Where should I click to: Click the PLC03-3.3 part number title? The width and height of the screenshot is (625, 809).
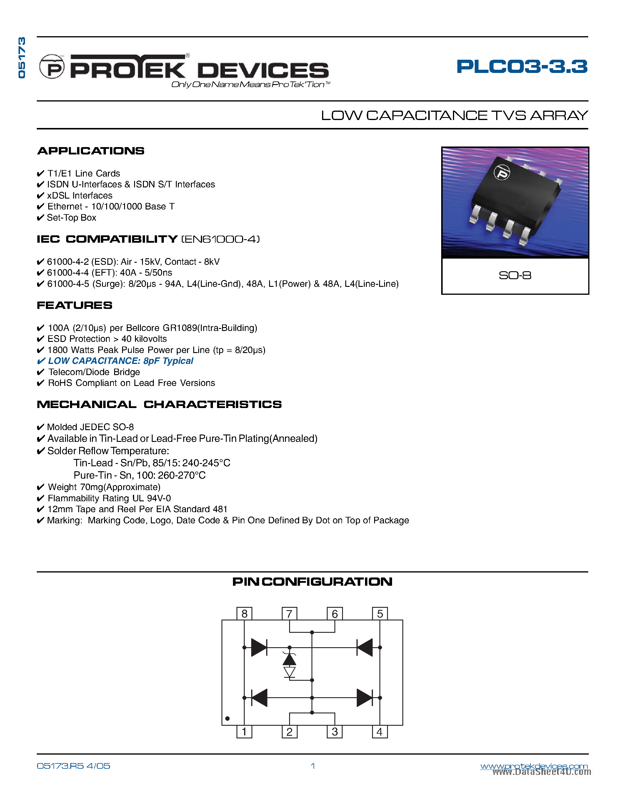pos(522,67)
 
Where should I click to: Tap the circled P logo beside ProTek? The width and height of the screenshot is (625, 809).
pos(52,67)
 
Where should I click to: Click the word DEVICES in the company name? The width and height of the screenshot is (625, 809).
pos(263,70)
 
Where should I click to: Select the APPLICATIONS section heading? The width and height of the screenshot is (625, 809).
pos(91,151)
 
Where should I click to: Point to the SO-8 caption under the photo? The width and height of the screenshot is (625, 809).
pos(515,275)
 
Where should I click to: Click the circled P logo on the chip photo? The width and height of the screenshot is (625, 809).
pos(502,173)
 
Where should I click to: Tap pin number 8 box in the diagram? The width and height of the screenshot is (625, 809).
pos(244,614)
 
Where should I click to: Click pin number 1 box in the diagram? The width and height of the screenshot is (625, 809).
pos(244,732)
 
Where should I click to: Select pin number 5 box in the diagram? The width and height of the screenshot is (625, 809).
pos(380,614)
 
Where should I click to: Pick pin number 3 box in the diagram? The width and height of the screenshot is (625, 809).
pos(335,732)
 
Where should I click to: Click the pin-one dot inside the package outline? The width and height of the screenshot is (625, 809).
pos(227,719)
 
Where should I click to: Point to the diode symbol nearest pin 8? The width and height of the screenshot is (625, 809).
pos(259,647)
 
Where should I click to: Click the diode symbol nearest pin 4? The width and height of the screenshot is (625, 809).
pos(365,698)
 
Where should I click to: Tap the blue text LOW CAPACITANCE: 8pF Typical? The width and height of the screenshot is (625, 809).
pos(121,361)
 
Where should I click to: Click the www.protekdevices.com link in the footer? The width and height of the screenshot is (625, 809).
pos(534,766)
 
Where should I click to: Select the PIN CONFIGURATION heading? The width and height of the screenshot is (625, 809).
pos(312,582)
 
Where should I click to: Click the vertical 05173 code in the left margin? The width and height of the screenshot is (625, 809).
pos(22,57)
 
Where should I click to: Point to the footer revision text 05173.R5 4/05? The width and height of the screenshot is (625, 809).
pos(73,766)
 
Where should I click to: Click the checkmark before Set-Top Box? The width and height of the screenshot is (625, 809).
pos(40,218)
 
